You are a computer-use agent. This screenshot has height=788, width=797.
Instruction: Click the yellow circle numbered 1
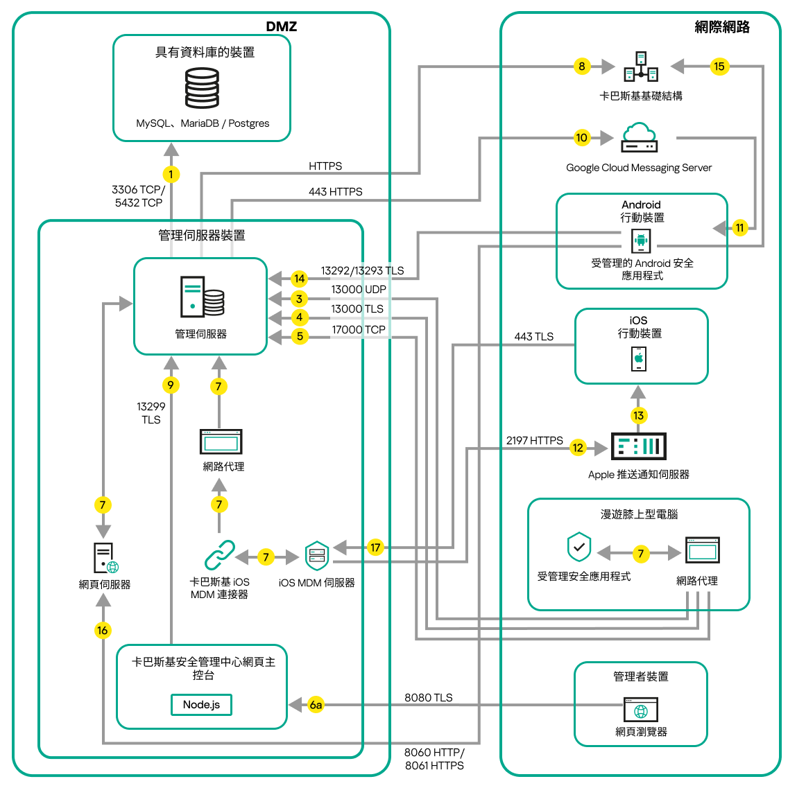pos(171,175)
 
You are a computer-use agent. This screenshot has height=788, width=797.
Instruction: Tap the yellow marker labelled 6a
pos(316,705)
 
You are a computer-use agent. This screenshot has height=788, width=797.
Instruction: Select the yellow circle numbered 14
pos(299,279)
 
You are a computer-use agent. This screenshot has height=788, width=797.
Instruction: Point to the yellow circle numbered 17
pos(375,548)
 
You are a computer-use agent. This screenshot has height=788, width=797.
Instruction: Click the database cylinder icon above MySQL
pos(202,88)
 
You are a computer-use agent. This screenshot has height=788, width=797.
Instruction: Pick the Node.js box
pos(201,705)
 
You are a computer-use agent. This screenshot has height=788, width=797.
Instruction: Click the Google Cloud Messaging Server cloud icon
pos(639,137)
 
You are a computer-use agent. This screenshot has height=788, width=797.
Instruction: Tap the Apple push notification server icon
pos(638,446)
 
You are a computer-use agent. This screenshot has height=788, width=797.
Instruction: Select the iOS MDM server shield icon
pos(317,556)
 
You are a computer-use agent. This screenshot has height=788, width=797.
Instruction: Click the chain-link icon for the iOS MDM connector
pos(220,555)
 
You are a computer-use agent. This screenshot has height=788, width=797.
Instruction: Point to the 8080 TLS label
pos(428,697)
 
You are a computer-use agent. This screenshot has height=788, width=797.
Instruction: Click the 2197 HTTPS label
pos(534,440)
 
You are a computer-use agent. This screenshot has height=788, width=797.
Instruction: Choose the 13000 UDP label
pos(358,290)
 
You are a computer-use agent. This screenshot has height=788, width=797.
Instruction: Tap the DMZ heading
pos(281,26)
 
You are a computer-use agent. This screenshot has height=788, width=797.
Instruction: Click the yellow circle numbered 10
pos(581,137)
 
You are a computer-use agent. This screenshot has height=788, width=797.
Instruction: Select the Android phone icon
pos(641,241)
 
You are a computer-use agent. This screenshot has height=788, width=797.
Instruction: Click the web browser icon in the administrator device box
pos(641,710)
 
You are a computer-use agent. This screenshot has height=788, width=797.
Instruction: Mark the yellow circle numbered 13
pos(638,416)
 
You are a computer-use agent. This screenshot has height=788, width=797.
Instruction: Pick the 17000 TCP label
pos(358,330)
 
